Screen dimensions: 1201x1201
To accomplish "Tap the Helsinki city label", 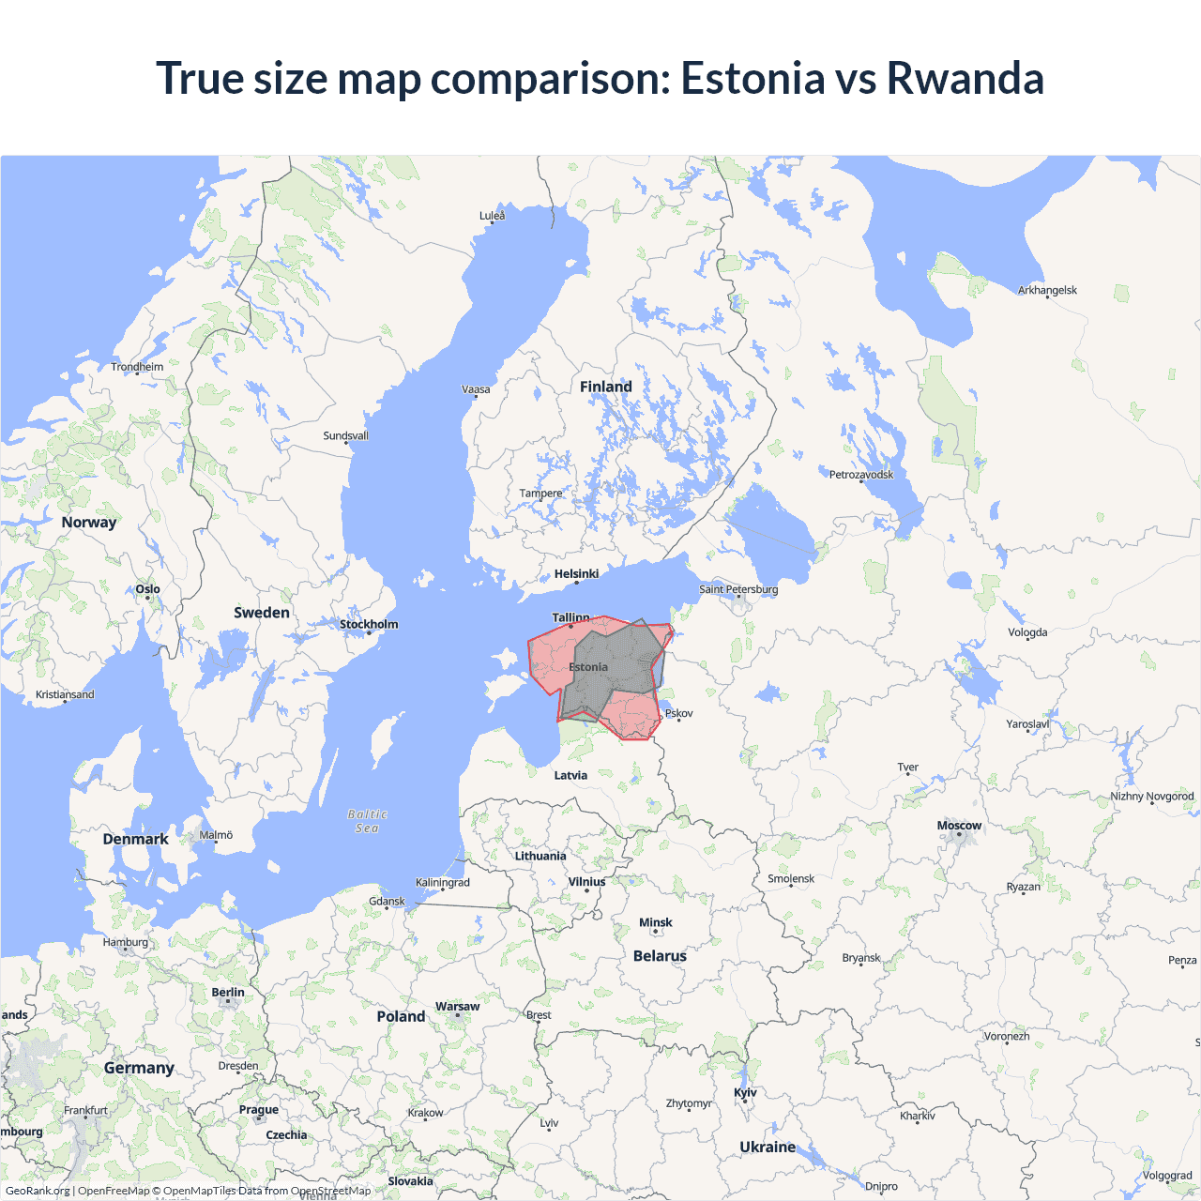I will point(576,573).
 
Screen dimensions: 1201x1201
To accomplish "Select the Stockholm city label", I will point(369,624).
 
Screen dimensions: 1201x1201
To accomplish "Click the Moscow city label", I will point(959,826).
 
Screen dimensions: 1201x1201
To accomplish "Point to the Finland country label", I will point(605,387).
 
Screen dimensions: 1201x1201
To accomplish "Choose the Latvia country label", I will point(570,775).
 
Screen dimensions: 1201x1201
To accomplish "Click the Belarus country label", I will point(660,956).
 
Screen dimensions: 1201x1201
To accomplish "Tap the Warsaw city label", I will point(457,1006).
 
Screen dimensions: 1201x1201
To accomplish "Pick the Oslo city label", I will point(147,589).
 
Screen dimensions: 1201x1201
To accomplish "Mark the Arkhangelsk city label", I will point(1047,290).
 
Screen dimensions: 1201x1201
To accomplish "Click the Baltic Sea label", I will point(367,821).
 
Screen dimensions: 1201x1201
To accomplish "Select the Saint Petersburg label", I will point(738,589).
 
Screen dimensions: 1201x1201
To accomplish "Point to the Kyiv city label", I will point(745,1092).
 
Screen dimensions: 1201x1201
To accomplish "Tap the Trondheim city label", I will point(137,367).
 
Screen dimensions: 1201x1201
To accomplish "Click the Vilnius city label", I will point(586,881).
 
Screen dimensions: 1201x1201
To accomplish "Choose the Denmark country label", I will point(135,839).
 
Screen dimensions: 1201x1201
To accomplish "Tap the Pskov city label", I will point(678,713).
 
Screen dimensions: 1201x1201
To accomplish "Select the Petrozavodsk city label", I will point(861,474).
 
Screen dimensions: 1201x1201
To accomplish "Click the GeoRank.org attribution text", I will point(38,1191).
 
